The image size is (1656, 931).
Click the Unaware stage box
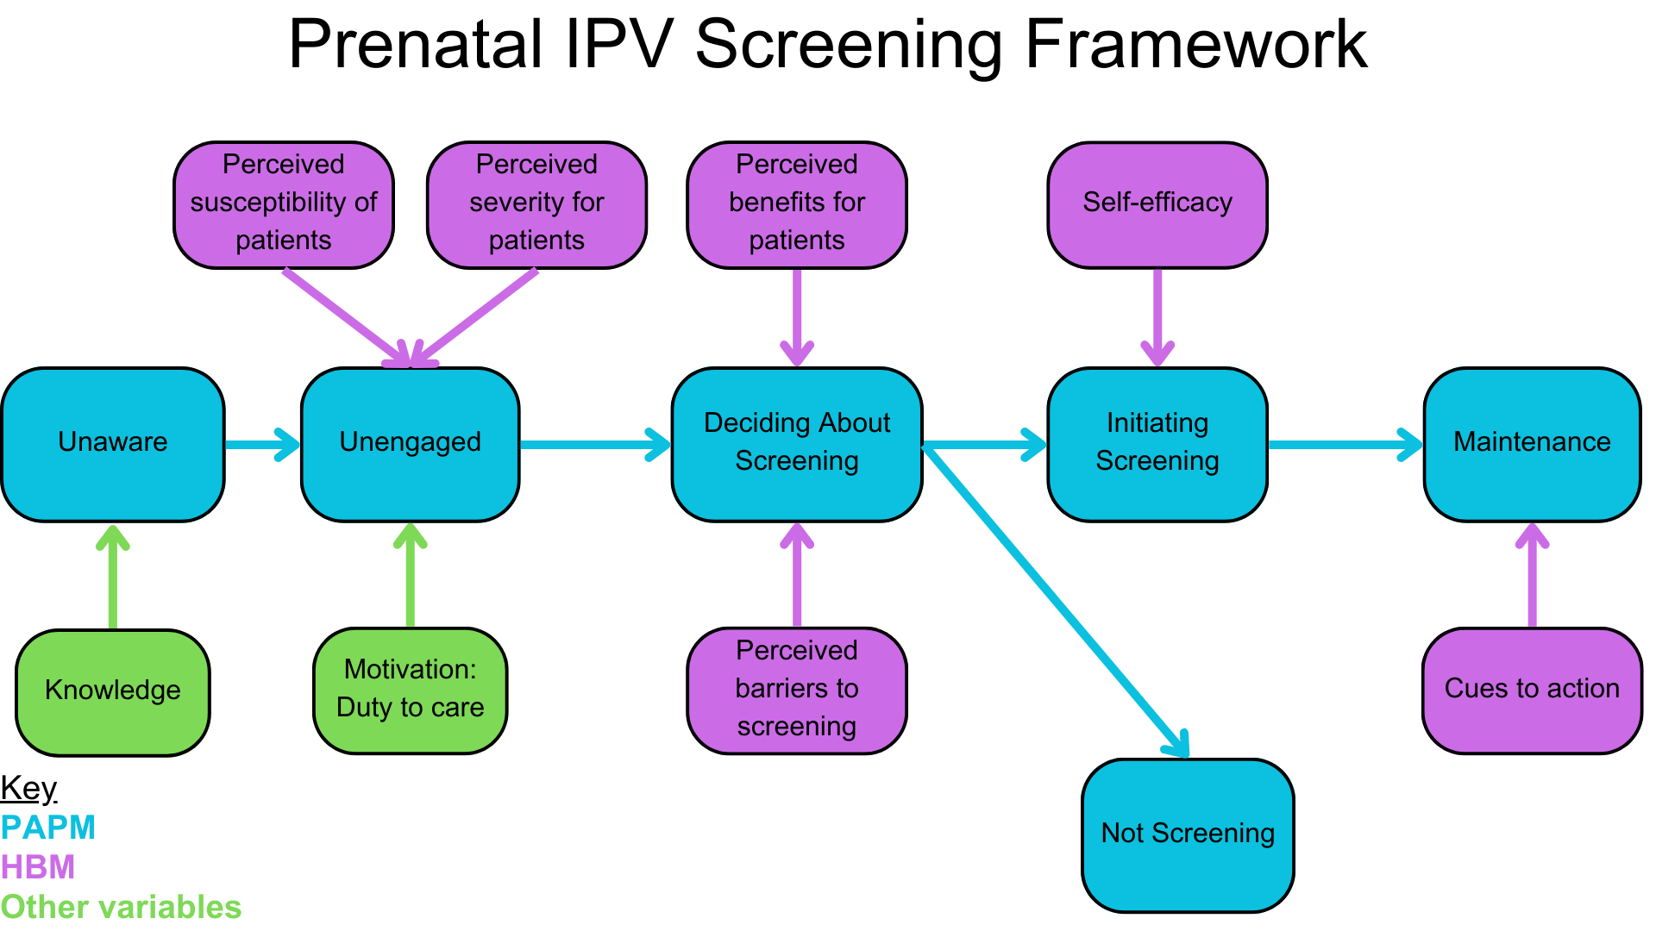[113, 445]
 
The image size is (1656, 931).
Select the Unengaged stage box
[411, 445]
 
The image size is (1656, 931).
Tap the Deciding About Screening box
[797, 445]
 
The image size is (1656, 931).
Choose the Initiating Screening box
[1157, 445]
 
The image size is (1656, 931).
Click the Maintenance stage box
[1533, 445]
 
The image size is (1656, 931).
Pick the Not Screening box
[1189, 835]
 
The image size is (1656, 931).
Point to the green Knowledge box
[113, 692]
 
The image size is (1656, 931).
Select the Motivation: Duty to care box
[411, 690]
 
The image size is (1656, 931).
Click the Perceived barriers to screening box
[797, 690]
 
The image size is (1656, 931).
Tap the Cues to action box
[1533, 690]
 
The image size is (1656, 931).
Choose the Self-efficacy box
[1157, 205]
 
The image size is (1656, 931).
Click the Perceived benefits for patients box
[797, 205]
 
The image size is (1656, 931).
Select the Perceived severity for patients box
[536, 205]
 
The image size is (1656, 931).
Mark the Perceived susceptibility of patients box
[284, 205]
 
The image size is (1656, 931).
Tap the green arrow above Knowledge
[113, 576]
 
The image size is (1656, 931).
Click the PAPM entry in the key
[48, 828]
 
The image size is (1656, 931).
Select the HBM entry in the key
[38, 867]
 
